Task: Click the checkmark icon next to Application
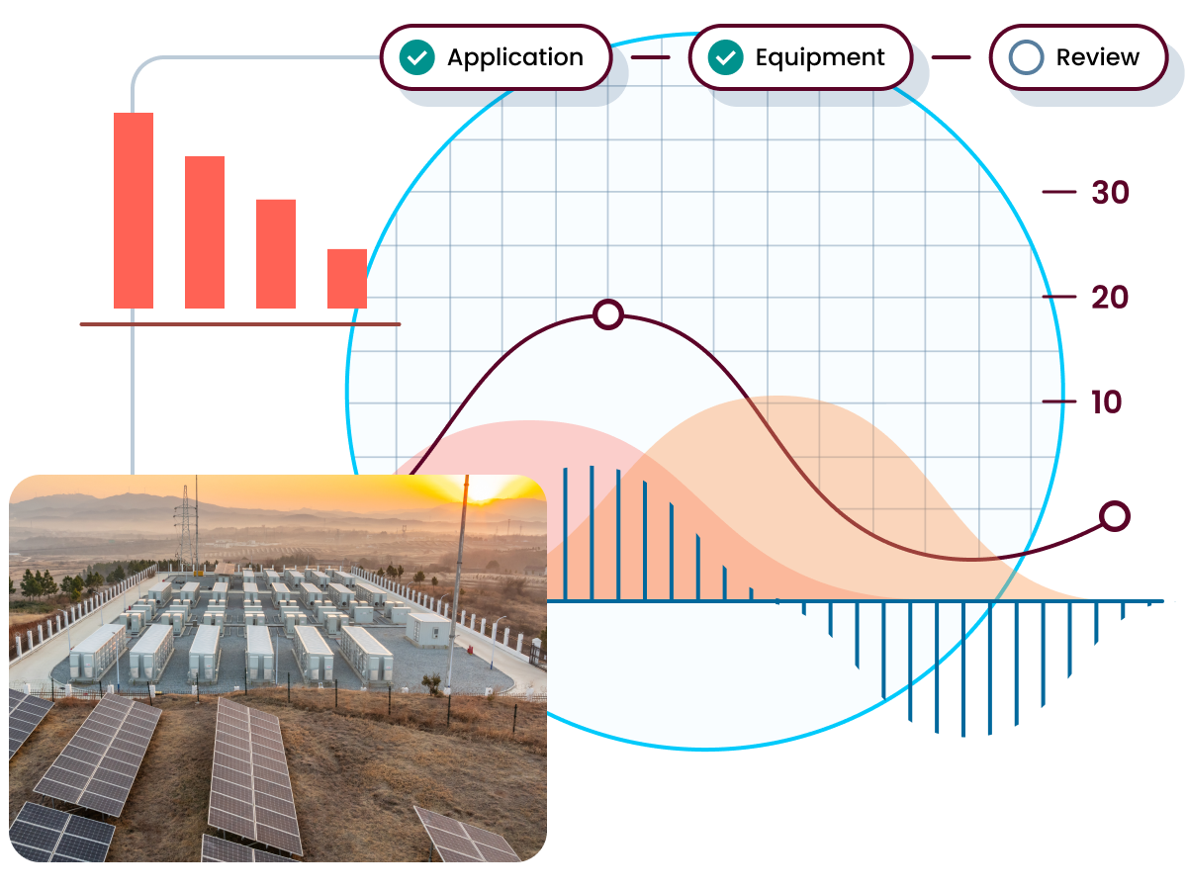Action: [x=416, y=57]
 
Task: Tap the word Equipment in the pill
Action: [x=819, y=57]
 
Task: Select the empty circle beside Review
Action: [x=1026, y=57]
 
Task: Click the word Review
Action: [x=1097, y=57]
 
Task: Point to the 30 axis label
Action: [x=1109, y=192]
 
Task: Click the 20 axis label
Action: [x=1109, y=297]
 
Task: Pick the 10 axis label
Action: [x=1105, y=401]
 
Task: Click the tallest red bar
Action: [x=134, y=211]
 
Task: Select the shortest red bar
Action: [x=347, y=278]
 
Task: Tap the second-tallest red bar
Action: [x=205, y=232]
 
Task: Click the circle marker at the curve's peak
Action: [x=607, y=314]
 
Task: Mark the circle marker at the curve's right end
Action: [x=1115, y=515]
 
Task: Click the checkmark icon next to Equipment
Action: [x=727, y=57]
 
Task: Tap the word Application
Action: [x=514, y=57]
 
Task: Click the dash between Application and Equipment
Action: [x=650, y=57]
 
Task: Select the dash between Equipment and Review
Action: [x=951, y=57]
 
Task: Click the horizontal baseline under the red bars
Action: [x=240, y=323]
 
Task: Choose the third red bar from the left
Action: [x=276, y=253]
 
